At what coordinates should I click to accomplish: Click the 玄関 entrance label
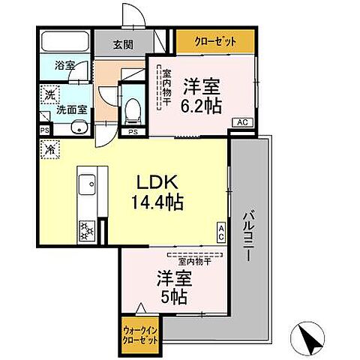[x=124, y=43]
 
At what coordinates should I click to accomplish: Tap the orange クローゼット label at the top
[x=214, y=40]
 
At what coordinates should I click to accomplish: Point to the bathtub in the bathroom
[x=65, y=41]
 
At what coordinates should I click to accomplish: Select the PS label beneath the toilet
[x=133, y=133]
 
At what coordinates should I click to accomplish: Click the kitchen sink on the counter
[x=85, y=183]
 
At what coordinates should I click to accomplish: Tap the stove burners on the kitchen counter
[x=85, y=229]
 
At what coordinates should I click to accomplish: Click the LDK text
[x=157, y=181]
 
